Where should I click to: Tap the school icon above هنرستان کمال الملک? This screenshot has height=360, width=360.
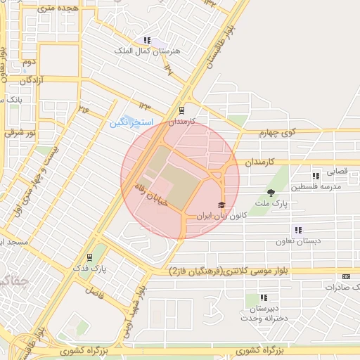pyautogui.click(x=147, y=40)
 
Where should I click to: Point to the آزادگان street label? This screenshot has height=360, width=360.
pyautogui.click(x=32, y=80)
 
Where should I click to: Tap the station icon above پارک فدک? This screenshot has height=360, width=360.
pyautogui.click(x=89, y=257)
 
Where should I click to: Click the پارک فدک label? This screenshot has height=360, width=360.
pyautogui.click(x=89, y=269)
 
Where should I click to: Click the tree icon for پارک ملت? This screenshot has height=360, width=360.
pyautogui.click(x=271, y=193)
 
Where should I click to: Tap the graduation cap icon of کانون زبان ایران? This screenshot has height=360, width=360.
pyautogui.click(x=221, y=205)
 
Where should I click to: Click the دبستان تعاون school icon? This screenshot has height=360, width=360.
pyautogui.click(x=298, y=230)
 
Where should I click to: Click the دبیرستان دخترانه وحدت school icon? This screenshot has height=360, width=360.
pyautogui.click(x=264, y=298)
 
